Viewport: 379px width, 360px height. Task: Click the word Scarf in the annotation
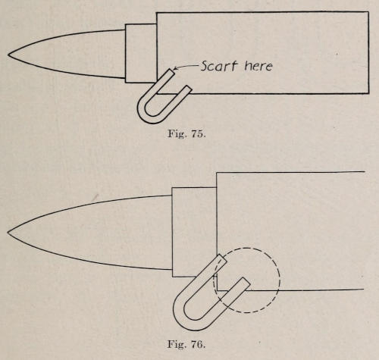click(x=219, y=66)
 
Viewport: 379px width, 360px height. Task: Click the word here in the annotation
click(x=258, y=66)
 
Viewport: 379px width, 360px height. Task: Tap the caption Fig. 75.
click(x=186, y=133)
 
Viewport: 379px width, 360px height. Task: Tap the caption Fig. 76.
click(x=186, y=344)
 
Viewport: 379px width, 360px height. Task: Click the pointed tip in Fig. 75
click(x=8, y=55)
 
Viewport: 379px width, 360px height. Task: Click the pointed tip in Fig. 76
click(x=8, y=233)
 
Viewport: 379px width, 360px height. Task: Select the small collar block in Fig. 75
click(x=141, y=53)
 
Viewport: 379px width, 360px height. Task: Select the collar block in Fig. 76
click(x=194, y=232)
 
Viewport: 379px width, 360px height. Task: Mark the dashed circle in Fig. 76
click(x=280, y=280)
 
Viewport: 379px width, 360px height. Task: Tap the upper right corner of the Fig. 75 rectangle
click(x=368, y=12)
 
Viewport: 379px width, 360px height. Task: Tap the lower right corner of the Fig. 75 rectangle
click(x=368, y=93)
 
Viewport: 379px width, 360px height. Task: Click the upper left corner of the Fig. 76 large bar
click(x=217, y=173)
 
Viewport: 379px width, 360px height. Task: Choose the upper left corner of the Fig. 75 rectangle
click(x=157, y=13)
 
